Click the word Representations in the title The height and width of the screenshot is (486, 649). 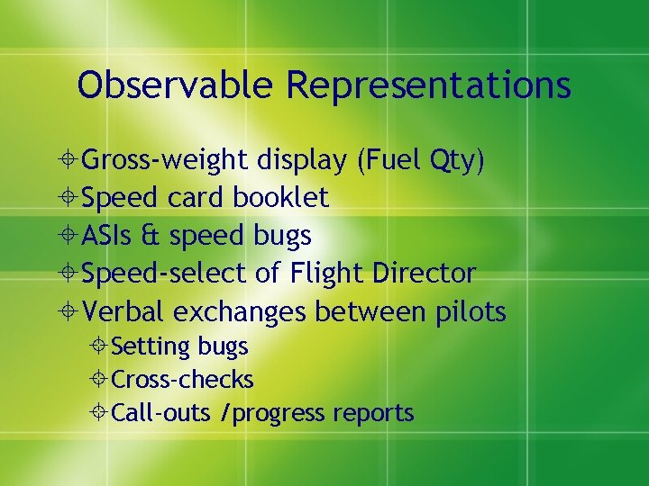(x=428, y=85)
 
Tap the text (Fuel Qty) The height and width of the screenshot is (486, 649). (x=421, y=160)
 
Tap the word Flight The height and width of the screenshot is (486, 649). (x=326, y=274)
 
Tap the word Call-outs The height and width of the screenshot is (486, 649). (x=157, y=413)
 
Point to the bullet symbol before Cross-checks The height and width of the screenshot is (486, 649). (x=99, y=380)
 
